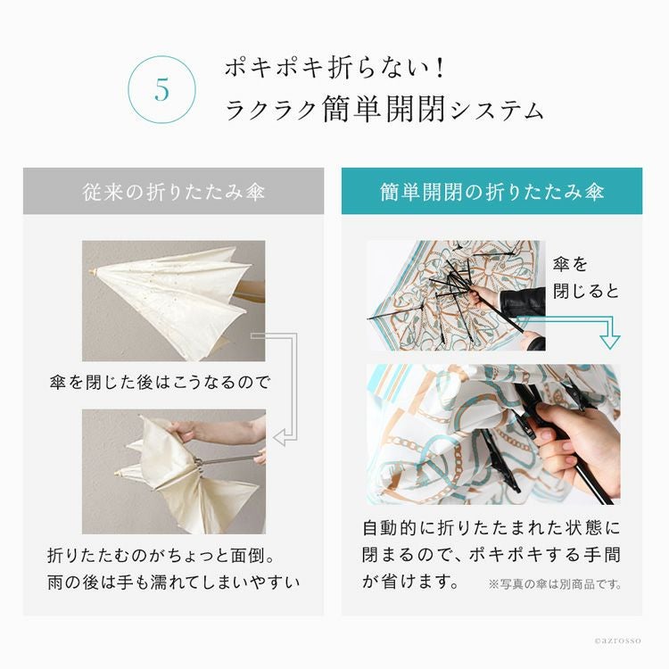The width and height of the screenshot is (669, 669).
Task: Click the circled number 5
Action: click(x=162, y=89)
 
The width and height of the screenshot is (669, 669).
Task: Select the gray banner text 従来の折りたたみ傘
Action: click(x=174, y=192)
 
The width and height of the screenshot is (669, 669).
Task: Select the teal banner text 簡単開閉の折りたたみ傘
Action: click(x=491, y=192)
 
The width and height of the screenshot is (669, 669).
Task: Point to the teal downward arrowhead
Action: click(x=610, y=342)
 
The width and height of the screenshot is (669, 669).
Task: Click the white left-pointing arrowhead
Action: click(x=279, y=437)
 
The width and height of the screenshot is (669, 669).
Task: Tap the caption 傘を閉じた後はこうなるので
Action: click(x=160, y=382)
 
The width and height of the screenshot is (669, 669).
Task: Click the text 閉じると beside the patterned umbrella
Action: click(x=586, y=292)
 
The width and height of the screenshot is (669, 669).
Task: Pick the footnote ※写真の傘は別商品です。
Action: click(x=555, y=584)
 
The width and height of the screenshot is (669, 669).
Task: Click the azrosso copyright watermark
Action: click(x=617, y=640)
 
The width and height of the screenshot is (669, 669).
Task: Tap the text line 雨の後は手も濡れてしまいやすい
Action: click(x=174, y=582)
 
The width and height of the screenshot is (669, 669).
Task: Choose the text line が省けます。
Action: click(x=410, y=581)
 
